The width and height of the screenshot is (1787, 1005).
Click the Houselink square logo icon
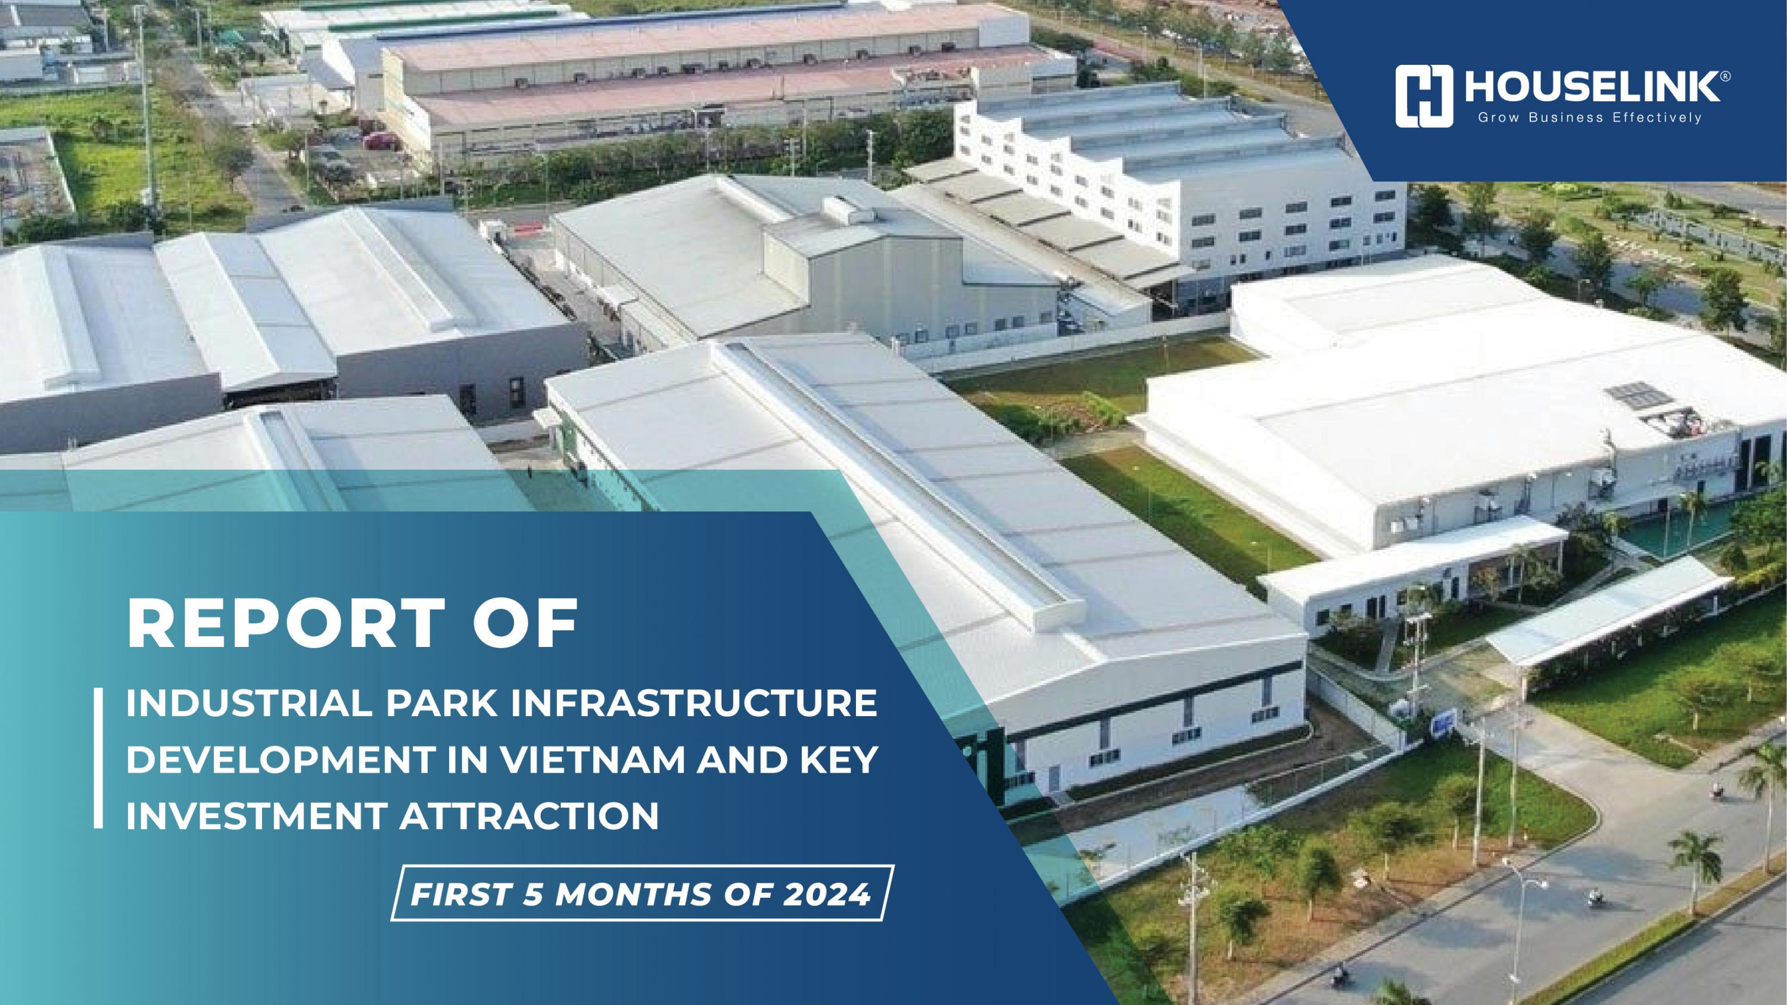pos(1424,97)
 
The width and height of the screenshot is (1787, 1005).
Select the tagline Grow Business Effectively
pos(1589,119)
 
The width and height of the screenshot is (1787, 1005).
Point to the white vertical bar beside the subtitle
pos(98,757)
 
